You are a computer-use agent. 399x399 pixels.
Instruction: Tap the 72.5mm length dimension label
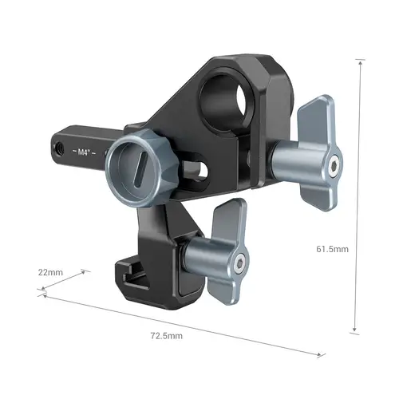(165, 336)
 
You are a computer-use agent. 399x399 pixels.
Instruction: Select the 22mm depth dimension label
(49, 273)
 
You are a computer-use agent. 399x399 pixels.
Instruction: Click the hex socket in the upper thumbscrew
(330, 166)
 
